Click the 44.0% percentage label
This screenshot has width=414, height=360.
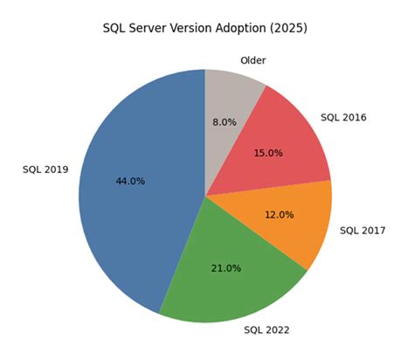click(130, 181)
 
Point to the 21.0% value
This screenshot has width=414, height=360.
click(225, 267)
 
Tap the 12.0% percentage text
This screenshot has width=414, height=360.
click(279, 214)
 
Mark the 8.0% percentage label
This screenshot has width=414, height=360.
click(224, 122)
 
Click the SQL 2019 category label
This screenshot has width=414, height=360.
click(45, 170)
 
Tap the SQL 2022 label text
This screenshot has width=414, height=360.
click(266, 329)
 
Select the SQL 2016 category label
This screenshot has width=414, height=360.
click(343, 116)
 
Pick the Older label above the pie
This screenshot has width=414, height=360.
click(252, 60)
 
